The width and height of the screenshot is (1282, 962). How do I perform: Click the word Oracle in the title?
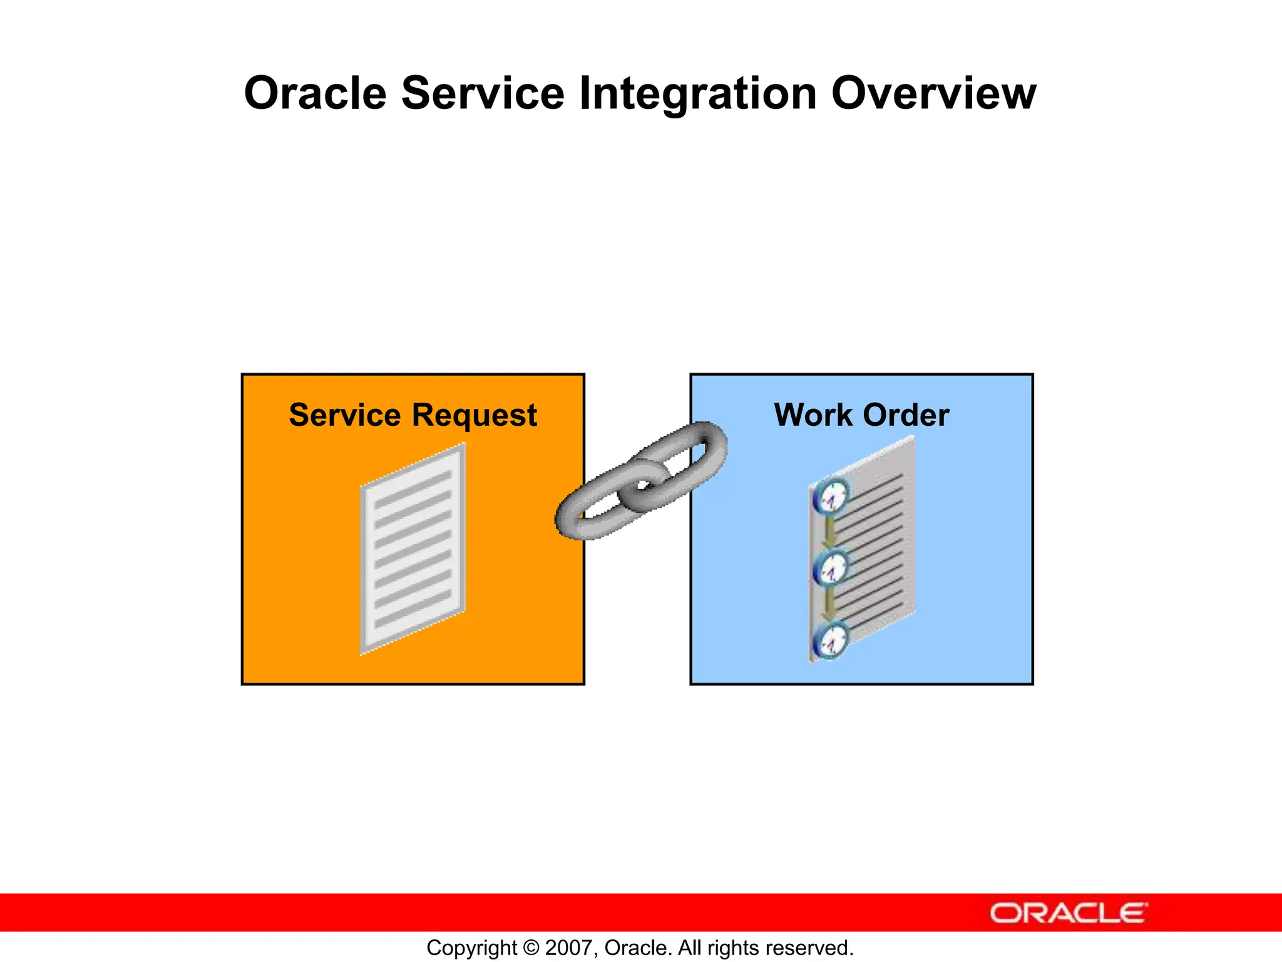[x=315, y=94]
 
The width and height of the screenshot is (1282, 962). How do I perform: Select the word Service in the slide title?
[x=483, y=94]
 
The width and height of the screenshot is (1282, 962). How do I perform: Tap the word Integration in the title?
[x=698, y=94]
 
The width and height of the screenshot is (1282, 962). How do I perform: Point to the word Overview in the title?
[x=933, y=94]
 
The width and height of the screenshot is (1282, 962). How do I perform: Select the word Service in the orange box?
[x=344, y=415]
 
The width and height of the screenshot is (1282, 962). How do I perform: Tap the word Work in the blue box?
[x=813, y=415]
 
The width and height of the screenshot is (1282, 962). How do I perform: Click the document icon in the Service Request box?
[x=413, y=549]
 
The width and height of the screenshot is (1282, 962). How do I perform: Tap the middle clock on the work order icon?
[x=831, y=569]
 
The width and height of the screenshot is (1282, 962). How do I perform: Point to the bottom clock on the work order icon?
[x=831, y=641]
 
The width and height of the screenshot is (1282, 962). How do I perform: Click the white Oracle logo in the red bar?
[x=1068, y=913]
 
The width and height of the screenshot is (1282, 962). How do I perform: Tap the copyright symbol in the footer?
[x=531, y=948]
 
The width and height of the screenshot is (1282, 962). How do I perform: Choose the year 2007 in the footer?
[x=565, y=948]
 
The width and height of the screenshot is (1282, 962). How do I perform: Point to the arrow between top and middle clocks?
[x=830, y=533]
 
